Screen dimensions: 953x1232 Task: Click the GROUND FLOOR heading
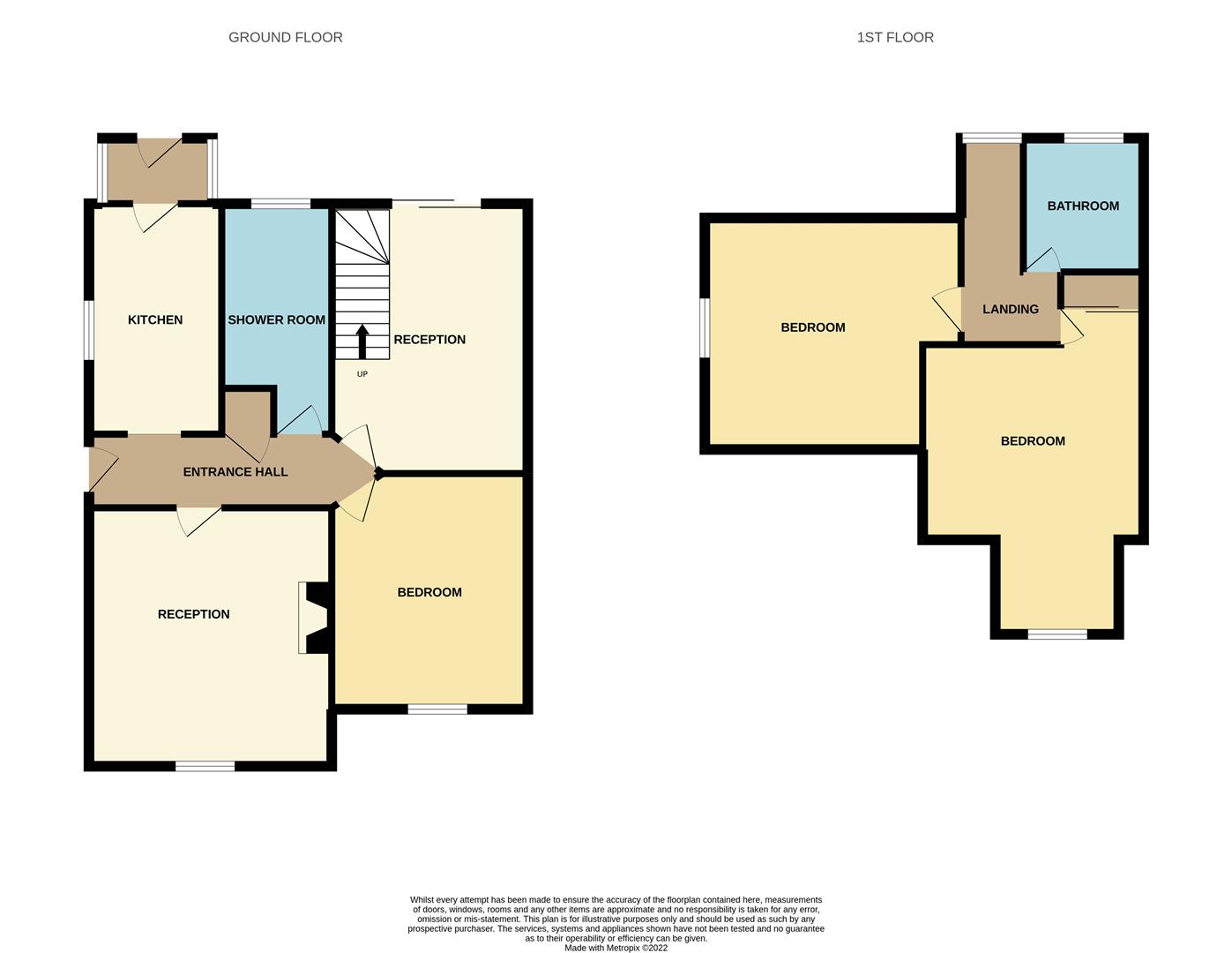coord(285,37)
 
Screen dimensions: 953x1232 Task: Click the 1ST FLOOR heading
coord(894,37)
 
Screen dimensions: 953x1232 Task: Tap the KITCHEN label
coord(155,319)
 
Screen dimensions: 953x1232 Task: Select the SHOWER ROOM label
coord(276,319)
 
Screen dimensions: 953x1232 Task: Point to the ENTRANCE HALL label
coord(235,472)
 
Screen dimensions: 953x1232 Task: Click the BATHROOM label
coord(1082,206)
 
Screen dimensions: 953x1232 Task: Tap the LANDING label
coord(1010,309)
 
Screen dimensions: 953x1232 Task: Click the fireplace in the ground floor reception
coord(313,618)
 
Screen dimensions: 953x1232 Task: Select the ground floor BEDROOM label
coord(429,592)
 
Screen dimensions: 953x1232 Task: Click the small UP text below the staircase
coord(362,374)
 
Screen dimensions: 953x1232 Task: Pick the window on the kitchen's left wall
coord(89,330)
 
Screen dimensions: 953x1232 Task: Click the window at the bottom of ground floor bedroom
coord(437,709)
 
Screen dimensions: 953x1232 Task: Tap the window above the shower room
coord(280,205)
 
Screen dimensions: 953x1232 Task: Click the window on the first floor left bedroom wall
coord(705,327)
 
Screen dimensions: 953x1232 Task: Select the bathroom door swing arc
coord(1045,260)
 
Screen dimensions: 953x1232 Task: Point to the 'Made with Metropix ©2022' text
coord(616,948)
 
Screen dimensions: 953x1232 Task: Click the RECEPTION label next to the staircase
coord(429,340)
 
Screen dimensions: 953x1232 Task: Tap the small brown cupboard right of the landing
coord(1099,291)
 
